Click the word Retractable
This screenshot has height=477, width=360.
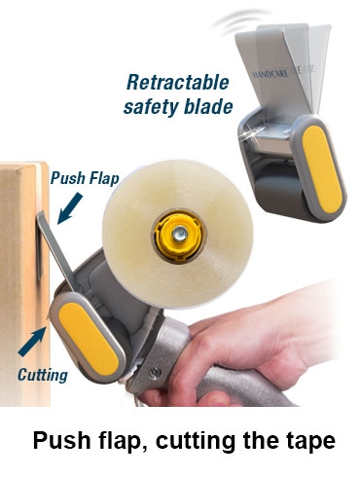pos(178,83)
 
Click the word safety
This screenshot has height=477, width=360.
pos(151,107)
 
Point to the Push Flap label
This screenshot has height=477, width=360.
pos(85,178)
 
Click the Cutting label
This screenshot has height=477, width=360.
pos(43,375)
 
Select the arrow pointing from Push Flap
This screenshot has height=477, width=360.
pos(70,208)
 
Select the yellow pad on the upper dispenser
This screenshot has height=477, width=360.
pos(322,169)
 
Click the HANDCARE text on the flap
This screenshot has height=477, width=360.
pos(270,74)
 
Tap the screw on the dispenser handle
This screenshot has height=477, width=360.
pos(155,372)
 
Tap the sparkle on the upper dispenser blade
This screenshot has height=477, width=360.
pos(251,135)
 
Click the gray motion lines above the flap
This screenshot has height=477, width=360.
pos(240,19)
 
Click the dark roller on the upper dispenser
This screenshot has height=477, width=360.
pos(282,195)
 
